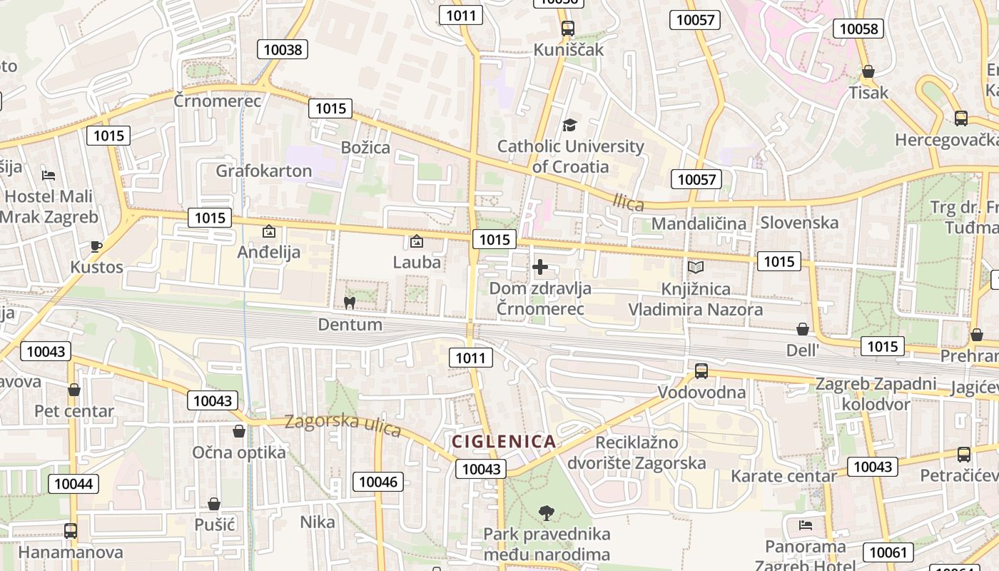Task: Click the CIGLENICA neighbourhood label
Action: click(503, 441)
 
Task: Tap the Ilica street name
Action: click(628, 203)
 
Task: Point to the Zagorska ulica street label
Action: click(343, 425)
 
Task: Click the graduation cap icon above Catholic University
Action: click(569, 126)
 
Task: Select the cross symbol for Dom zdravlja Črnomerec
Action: click(540, 268)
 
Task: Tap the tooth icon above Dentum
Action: click(350, 303)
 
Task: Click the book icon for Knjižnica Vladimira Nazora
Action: click(695, 268)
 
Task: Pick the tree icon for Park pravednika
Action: click(547, 512)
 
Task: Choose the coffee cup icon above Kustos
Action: click(96, 247)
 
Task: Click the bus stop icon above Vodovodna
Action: click(701, 370)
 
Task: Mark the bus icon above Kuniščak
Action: click(568, 29)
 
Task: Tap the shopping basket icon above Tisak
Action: click(868, 71)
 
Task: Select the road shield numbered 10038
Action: click(283, 49)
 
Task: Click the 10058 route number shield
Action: click(858, 29)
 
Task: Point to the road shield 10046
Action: click(378, 482)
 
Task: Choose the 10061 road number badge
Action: click(888, 552)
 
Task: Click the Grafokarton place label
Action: click(264, 171)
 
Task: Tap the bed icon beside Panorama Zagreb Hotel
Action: click(806, 525)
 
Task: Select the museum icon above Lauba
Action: click(417, 241)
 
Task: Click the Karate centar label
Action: click(784, 476)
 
